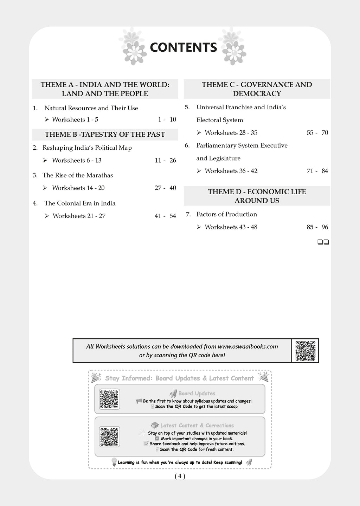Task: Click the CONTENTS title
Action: [x=183, y=47]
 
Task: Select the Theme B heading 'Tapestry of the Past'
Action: [x=105, y=135]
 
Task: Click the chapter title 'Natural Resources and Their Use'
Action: [x=91, y=108]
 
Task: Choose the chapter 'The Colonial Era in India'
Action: [x=80, y=203]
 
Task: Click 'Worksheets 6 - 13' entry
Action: [x=77, y=161]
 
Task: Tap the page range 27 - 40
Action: [x=165, y=188]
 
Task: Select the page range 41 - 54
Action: [x=165, y=216]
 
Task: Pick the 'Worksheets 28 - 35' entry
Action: [x=231, y=133]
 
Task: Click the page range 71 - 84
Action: [x=317, y=171]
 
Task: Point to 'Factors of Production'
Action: [x=226, y=214]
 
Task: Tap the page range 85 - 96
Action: [x=317, y=227]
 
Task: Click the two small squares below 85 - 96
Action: [x=323, y=242]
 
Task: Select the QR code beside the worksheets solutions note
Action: [x=305, y=351]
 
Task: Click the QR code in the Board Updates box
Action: [x=109, y=399]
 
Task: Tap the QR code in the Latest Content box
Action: [x=109, y=437]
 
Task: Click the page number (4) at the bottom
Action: [x=180, y=476]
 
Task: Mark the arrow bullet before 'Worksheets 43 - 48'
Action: [x=199, y=227]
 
